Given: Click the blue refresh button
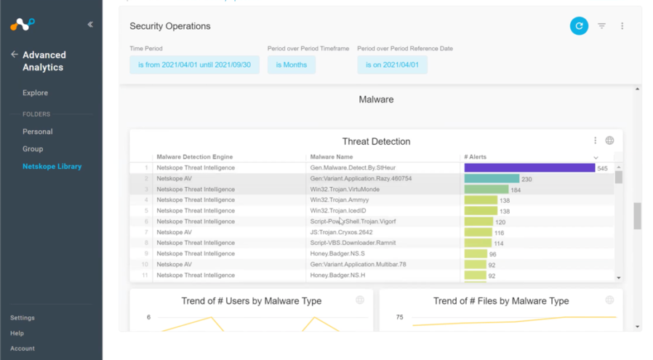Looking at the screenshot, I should [579, 25].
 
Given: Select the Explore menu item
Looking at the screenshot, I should [35, 93].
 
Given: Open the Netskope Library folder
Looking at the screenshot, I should [52, 167].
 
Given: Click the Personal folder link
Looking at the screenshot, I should [37, 132].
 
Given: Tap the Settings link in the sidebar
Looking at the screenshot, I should [22, 318].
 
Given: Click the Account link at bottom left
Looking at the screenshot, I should [22, 348].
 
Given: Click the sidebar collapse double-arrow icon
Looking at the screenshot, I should [90, 24].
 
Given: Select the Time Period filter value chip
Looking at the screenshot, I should [194, 65].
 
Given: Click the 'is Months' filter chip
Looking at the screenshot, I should [291, 65].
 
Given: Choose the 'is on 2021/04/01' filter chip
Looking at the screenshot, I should [392, 65].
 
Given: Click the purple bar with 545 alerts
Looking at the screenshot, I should [529, 168].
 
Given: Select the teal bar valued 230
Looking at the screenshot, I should [492, 179].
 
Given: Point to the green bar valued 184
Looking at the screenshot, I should [486, 189].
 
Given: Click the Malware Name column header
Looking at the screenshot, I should [331, 157].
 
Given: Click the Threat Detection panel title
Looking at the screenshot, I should [376, 142].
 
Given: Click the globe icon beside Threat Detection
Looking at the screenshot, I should [609, 141].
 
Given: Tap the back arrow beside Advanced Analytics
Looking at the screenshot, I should [15, 55].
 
